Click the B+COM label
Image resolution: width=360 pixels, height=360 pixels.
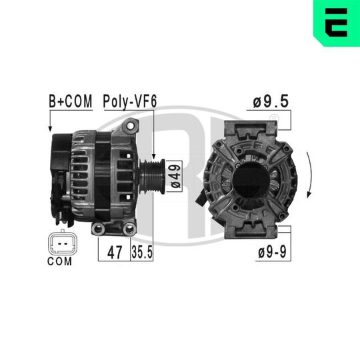(69, 101)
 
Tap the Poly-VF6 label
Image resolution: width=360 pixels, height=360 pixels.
(129, 101)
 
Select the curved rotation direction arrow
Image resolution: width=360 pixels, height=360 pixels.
(308, 175)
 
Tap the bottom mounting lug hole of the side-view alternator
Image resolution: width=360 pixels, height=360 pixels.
(99, 229)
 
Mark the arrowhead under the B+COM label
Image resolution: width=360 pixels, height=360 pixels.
(51, 128)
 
